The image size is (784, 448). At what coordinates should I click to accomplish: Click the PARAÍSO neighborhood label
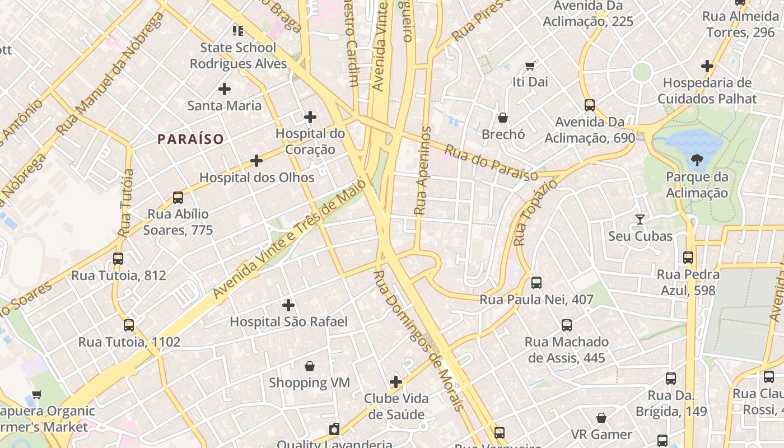click(x=190, y=139)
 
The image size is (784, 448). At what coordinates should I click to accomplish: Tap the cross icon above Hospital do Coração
click(x=310, y=117)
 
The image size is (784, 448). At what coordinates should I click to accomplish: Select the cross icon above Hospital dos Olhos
click(x=256, y=161)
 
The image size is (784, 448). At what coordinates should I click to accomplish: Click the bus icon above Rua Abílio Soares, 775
click(x=178, y=197)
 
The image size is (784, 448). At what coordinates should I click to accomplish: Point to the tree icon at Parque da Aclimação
click(x=697, y=161)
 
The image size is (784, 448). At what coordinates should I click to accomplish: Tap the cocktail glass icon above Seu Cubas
click(x=640, y=219)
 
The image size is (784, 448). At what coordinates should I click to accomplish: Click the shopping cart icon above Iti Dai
click(x=530, y=66)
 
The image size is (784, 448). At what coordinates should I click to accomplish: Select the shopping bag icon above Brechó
click(x=503, y=118)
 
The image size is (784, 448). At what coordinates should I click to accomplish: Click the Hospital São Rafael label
click(x=288, y=321)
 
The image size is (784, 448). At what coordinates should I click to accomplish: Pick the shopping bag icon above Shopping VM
click(x=309, y=366)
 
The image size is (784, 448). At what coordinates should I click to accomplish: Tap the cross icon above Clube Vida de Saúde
click(x=396, y=382)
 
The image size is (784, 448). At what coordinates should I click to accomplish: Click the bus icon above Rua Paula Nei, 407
click(x=536, y=283)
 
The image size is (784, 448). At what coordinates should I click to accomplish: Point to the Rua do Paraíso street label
click(x=491, y=164)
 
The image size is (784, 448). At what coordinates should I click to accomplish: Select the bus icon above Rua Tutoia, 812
click(x=118, y=258)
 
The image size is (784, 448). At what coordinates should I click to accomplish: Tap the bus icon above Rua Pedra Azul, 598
click(x=688, y=258)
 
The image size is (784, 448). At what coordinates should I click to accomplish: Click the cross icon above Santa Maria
click(x=224, y=88)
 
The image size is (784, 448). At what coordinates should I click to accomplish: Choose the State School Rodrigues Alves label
click(x=238, y=55)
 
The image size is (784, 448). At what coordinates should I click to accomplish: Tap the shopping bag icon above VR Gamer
click(x=601, y=418)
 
